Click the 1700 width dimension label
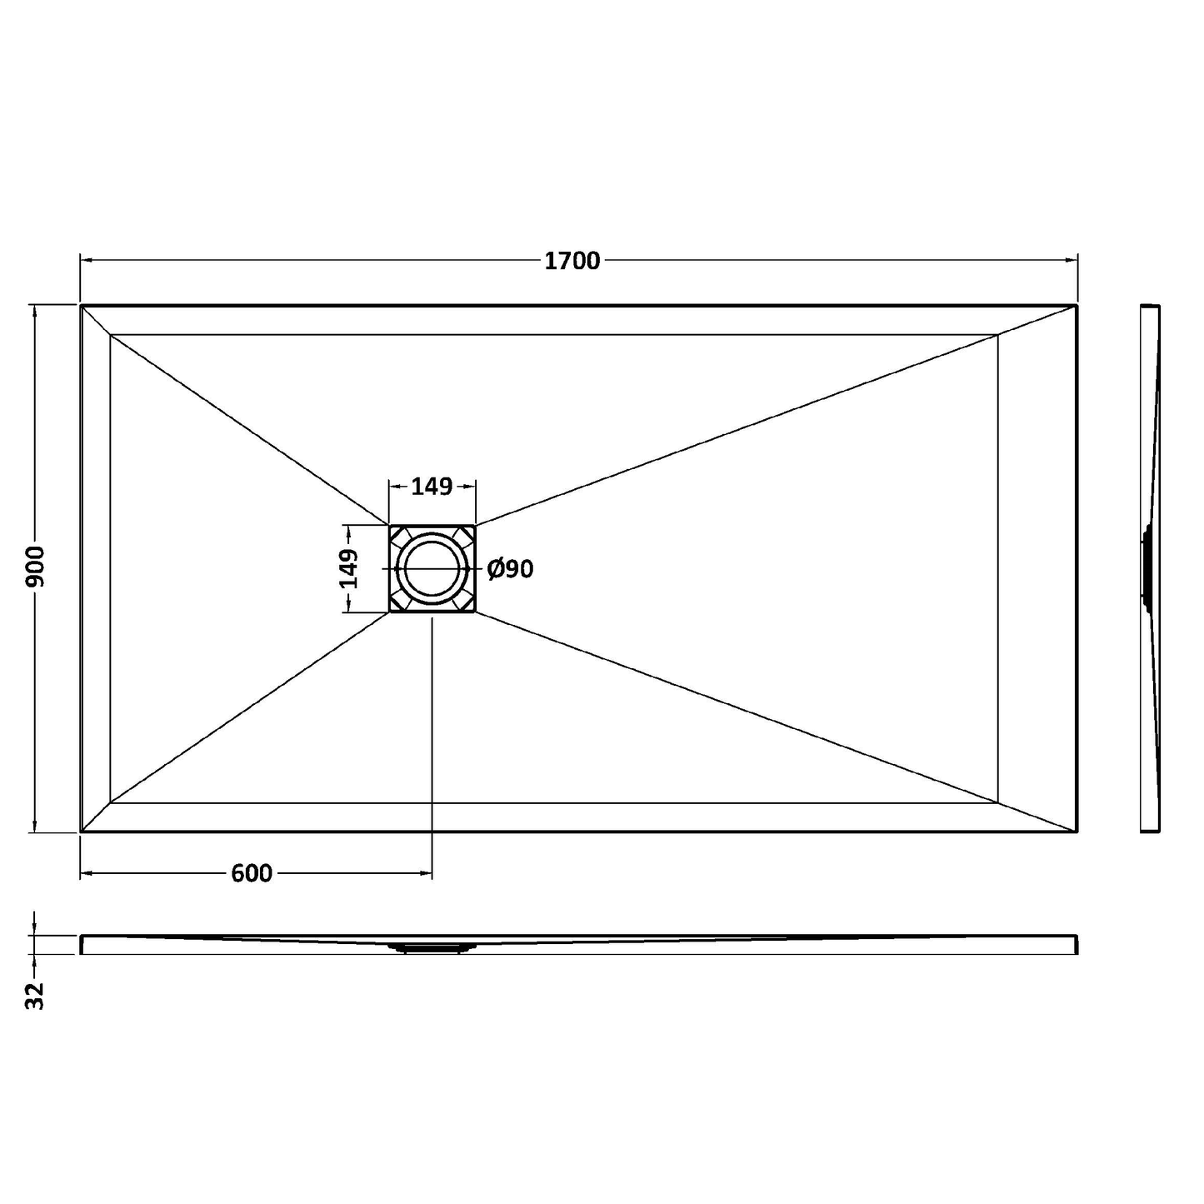pyautogui.click(x=572, y=261)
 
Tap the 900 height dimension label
pyautogui.click(x=36, y=567)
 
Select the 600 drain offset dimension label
pyautogui.click(x=252, y=873)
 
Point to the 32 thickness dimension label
pyautogui.click(x=36, y=996)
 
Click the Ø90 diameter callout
pyautogui.click(x=511, y=568)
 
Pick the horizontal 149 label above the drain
pyautogui.click(x=432, y=486)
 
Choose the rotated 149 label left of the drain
pyautogui.click(x=348, y=568)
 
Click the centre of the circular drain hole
pyautogui.click(x=432, y=568)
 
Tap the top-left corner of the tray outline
pyautogui.click(x=81, y=306)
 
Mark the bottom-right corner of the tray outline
pyautogui.click(x=1077, y=832)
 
